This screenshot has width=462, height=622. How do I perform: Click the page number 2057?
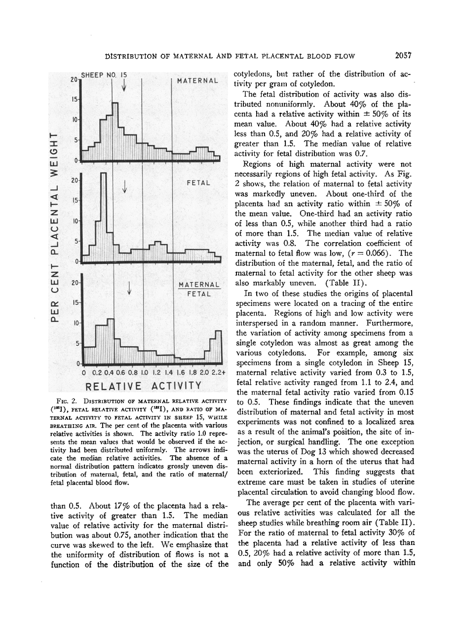click(x=403, y=55)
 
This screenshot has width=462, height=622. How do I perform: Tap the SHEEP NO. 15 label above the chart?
click(x=104, y=75)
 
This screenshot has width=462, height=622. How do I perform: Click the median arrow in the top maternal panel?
click(x=123, y=85)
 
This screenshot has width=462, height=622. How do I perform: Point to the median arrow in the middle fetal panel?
click(x=125, y=186)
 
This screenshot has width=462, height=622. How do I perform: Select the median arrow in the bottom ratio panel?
click(x=129, y=288)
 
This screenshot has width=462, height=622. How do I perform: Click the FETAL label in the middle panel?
click(x=198, y=183)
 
